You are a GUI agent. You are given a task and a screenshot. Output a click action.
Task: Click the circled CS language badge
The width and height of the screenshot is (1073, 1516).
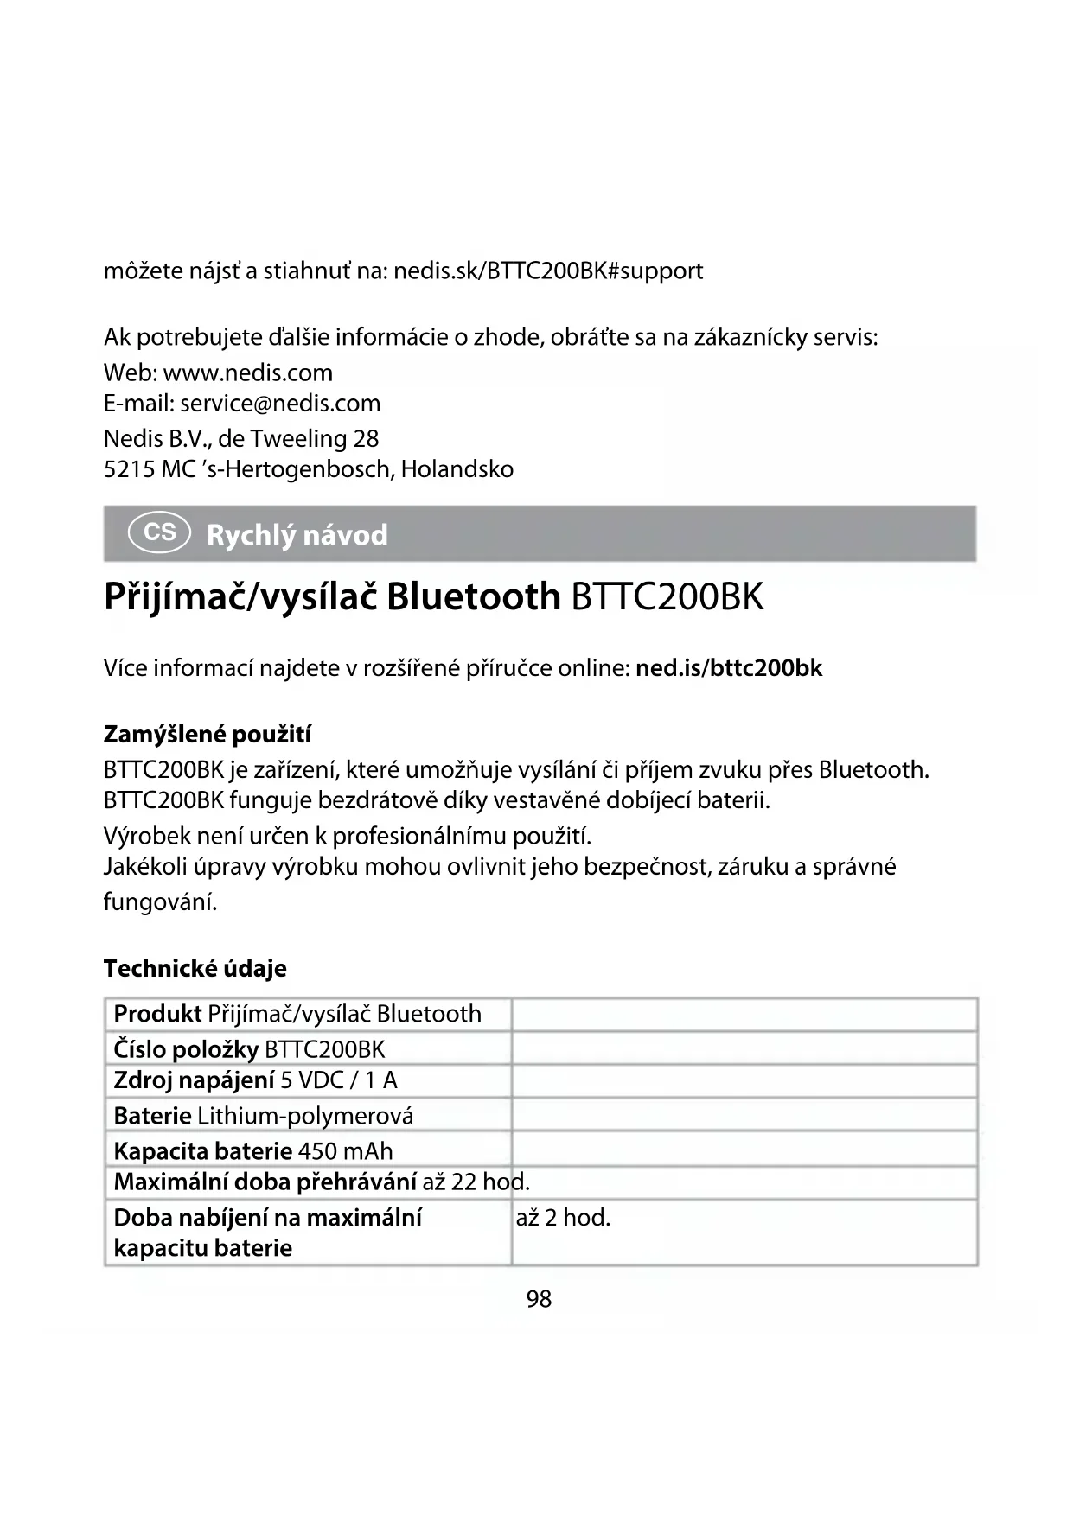[x=159, y=532]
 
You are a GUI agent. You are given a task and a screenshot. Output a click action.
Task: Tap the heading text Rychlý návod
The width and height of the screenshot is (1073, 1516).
[x=297, y=536]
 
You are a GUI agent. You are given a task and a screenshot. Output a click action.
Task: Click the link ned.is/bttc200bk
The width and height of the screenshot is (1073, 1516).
[x=728, y=668]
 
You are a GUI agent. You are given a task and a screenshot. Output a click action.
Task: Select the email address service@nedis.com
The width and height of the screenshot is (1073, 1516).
[x=280, y=404]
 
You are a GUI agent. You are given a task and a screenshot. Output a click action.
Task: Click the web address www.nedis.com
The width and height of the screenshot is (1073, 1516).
[x=247, y=373]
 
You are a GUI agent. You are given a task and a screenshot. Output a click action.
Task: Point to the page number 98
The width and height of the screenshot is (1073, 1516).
[x=539, y=1299]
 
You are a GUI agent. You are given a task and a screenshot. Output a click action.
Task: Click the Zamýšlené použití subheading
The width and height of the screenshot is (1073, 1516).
[x=207, y=735]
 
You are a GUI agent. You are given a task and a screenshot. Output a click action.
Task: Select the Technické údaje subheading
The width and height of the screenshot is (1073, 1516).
[x=195, y=969]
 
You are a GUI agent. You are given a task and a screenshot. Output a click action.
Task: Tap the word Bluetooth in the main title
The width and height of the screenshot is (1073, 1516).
[x=473, y=597]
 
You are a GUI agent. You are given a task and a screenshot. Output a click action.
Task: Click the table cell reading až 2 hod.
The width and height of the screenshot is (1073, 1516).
[x=563, y=1218]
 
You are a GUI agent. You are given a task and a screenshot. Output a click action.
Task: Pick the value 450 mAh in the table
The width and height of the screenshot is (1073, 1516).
[x=345, y=1151]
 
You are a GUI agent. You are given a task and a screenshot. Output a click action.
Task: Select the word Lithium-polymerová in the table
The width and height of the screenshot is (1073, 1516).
[x=305, y=1116]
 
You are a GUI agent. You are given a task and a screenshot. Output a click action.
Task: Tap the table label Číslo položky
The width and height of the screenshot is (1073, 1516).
[x=186, y=1049]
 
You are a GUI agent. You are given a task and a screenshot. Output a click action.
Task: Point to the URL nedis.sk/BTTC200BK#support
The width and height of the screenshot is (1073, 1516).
[x=548, y=271]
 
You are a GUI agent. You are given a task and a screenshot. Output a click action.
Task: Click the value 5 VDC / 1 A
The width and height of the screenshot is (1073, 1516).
[x=339, y=1080]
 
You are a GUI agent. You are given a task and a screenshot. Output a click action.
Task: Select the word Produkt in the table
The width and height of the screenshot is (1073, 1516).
[x=157, y=1014]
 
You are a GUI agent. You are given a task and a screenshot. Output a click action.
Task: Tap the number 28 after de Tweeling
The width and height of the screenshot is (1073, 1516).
[x=366, y=439]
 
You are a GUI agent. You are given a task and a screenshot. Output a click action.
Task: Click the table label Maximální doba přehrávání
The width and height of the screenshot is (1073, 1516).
[x=265, y=1182]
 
